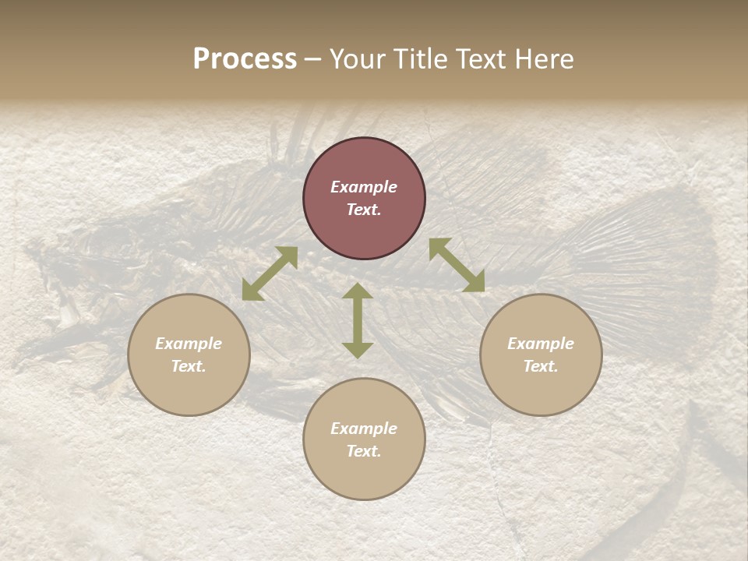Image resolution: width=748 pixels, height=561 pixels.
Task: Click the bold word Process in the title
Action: click(x=245, y=59)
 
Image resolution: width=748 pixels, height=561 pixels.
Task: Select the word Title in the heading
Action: click(x=421, y=59)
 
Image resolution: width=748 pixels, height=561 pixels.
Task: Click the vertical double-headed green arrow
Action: click(x=358, y=320)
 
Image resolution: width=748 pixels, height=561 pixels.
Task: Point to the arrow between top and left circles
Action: click(x=270, y=273)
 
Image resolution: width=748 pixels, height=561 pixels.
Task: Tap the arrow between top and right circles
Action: click(x=457, y=265)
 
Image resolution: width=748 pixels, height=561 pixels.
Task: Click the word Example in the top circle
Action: click(x=364, y=187)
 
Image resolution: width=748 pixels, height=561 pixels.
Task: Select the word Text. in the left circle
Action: click(x=189, y=366)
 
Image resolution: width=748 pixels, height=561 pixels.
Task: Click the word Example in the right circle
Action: click(x=541, y=344)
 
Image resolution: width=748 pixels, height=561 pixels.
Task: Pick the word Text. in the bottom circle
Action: click(x=364, y=451)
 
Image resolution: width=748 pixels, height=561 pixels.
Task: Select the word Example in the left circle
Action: click(x=189, y=344)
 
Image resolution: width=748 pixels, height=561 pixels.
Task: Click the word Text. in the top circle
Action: click(x=364, y=210)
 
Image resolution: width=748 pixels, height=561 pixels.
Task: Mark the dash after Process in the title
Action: click(x=313, y=59)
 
